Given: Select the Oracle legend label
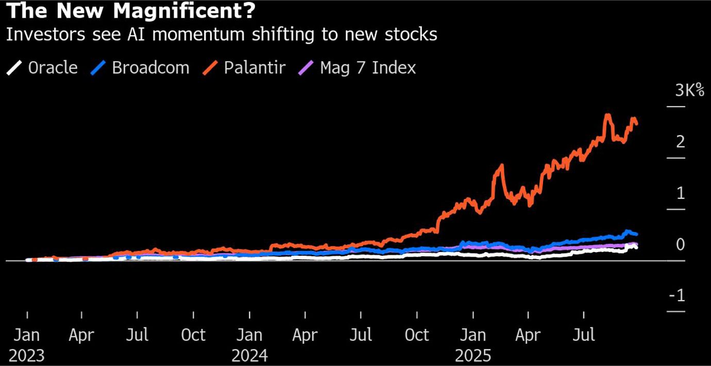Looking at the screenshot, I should tap(53, 68).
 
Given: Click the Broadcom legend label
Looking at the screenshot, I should tap(150, 68).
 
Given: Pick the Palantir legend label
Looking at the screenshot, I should tap(255, 68).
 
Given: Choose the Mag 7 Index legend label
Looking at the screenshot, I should tap(368, 68).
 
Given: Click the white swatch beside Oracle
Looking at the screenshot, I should tap(14, 68).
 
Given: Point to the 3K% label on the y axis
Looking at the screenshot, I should tap(689, 91).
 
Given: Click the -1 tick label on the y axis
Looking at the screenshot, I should tap(677, 295).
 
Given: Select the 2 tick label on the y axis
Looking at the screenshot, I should tap(681, 141).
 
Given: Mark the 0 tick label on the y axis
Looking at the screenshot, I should tap(681, 244).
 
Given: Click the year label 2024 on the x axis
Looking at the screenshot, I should tap(249, 356).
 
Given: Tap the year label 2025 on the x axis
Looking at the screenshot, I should tap(473, 356).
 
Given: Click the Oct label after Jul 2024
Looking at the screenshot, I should tap(416, 335).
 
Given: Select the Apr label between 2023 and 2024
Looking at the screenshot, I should tap(81, 335).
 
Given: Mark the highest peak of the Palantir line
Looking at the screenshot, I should tap(608, 114).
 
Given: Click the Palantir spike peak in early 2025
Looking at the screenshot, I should tap(500, 165).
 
